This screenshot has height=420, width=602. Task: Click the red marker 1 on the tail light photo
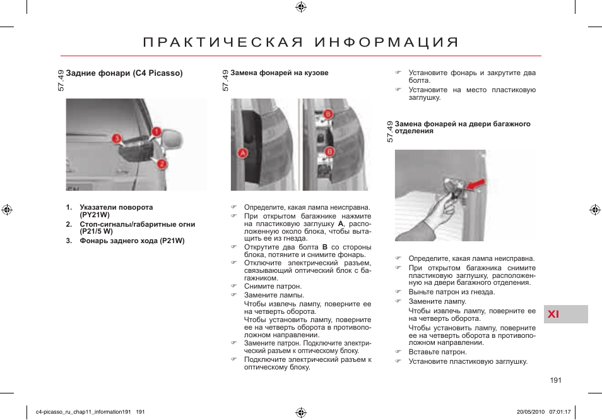156,131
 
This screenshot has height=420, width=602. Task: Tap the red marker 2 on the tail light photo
162,164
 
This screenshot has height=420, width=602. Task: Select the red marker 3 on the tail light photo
116,138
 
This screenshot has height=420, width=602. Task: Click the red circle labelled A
243,153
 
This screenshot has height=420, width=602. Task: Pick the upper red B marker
328,114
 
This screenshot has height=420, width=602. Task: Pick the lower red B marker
329,152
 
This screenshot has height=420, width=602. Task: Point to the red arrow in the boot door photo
478,184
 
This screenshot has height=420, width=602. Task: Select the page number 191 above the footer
555,380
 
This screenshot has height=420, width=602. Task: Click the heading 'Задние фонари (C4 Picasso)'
124,73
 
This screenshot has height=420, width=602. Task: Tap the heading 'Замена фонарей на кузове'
279,73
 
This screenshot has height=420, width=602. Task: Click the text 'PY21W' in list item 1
95,215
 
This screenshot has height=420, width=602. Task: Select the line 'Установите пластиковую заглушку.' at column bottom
468,361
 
